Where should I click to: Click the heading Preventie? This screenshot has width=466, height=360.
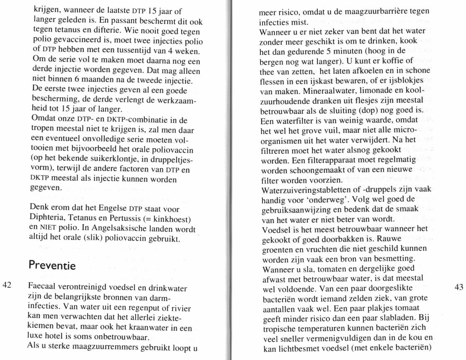tap(51, 266)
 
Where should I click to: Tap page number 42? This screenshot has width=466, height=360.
tap(7, 285)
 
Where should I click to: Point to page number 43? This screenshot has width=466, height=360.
tap(459, 287)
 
